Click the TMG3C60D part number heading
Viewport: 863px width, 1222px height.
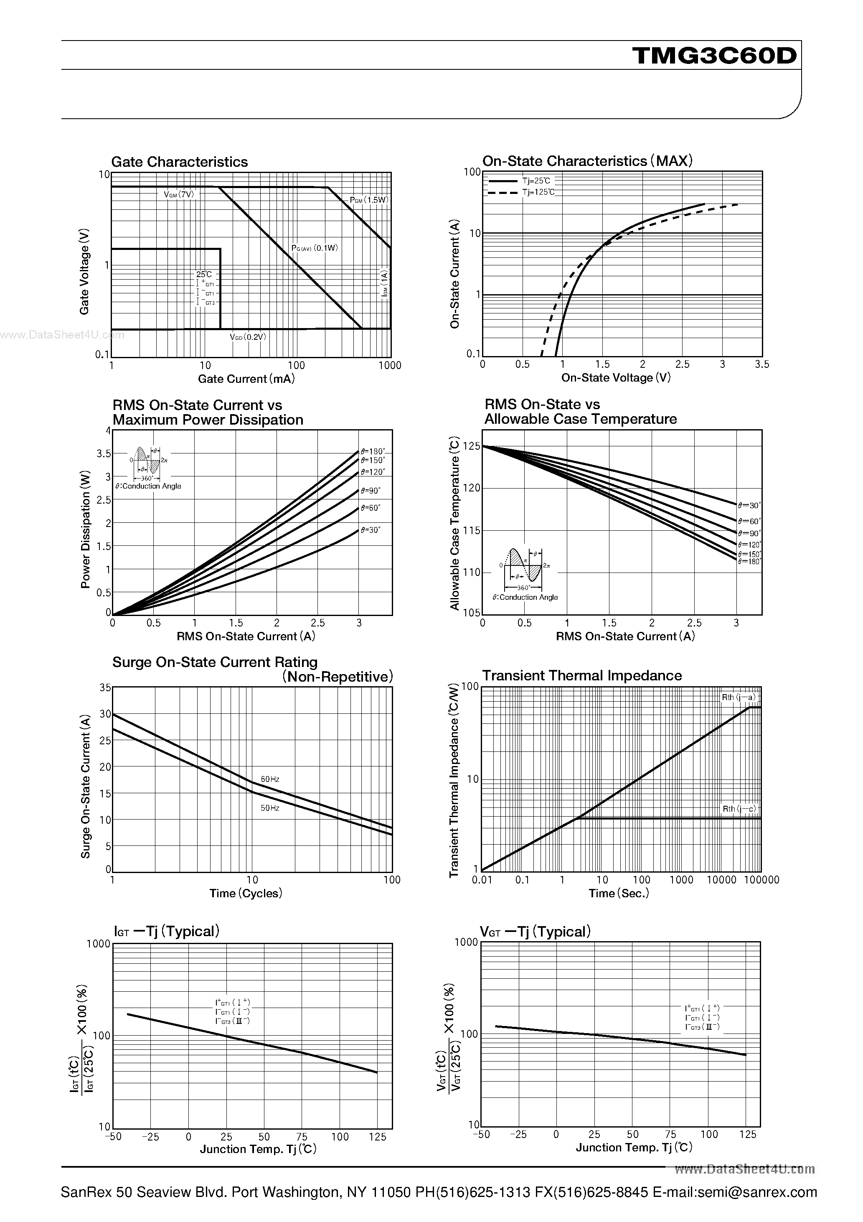pyautogui.click(x=715, y=56)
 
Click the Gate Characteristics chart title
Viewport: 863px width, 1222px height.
pyautogui.click(x=179, y=162)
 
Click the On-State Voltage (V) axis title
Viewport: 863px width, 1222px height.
pyautogui.click(x=616, y=378)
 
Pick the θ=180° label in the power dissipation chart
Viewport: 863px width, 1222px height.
pyautogui.click(x=373, y=451)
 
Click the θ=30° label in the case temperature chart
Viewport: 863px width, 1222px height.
pyautogui.click(x=749, y=506)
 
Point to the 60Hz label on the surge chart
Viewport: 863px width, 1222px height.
pyautogui.click(x=270, y=779)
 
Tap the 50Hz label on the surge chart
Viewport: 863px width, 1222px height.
pyautogui.click(x=270, y=808)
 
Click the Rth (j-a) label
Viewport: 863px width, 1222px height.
pyautogui.click(x=739, y=697)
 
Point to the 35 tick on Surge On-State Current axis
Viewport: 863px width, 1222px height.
pyautogui.click(x=105, y=687)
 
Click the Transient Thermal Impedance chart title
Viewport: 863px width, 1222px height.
pyautogui.click(x=581, y=675)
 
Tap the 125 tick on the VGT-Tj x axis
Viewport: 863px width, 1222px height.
pyautogui.click(x=748, y=1134)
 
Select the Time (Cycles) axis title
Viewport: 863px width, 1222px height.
pyautogui.click(x=245, y=893)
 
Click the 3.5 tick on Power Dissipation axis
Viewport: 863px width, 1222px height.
pyautogui.click(x=104, y=453)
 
